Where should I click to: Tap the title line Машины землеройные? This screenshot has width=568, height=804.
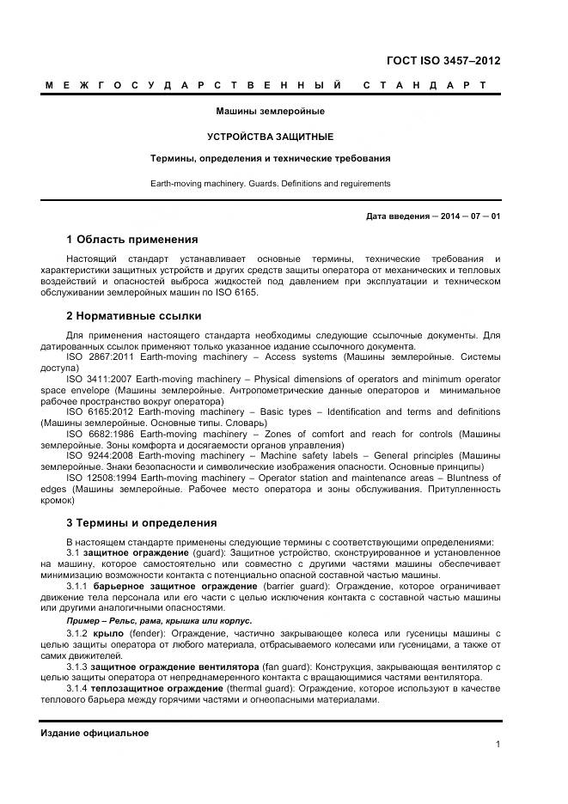tap(270, 111)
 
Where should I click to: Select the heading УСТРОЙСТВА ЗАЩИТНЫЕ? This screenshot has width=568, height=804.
tap(270, 137)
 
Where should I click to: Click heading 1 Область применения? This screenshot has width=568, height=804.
tap(131, 239)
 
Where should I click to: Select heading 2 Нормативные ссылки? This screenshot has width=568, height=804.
tap(133, 316)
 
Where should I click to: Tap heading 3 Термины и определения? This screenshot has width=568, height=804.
tap(141, 522)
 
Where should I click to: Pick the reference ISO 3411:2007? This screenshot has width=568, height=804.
tap(97, 379)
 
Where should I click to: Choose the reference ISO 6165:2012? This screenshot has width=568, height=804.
tap(97, 411)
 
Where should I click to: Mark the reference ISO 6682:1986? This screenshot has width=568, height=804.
tap(97, 434)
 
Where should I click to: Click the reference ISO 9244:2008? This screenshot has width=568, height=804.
tap(97, 455)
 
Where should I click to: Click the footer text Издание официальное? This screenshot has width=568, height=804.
tap(95, 733)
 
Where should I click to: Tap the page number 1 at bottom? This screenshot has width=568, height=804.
tap(498, 745)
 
